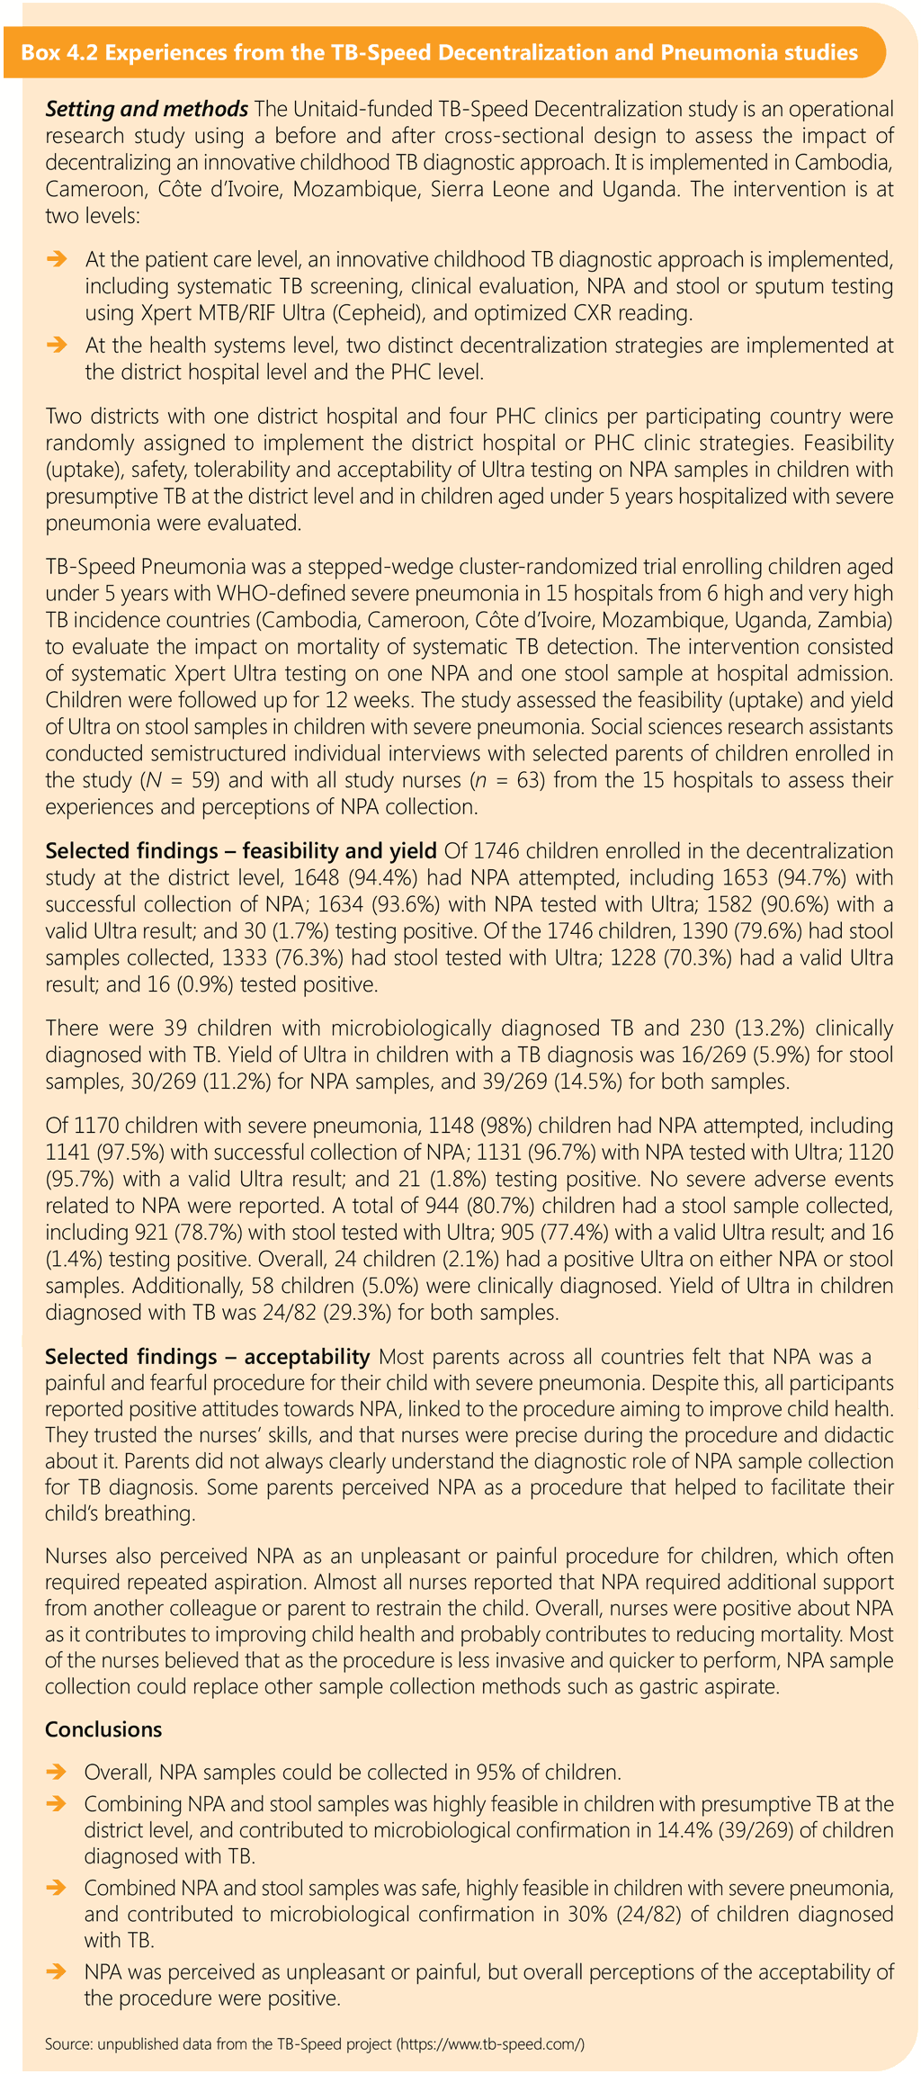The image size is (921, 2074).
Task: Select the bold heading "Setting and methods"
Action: pos(147,110)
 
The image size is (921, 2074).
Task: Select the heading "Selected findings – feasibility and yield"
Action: pos(241,851)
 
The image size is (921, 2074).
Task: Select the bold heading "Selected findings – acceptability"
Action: pos(208,1357)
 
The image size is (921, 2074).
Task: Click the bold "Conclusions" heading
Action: pos(103,1729)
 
